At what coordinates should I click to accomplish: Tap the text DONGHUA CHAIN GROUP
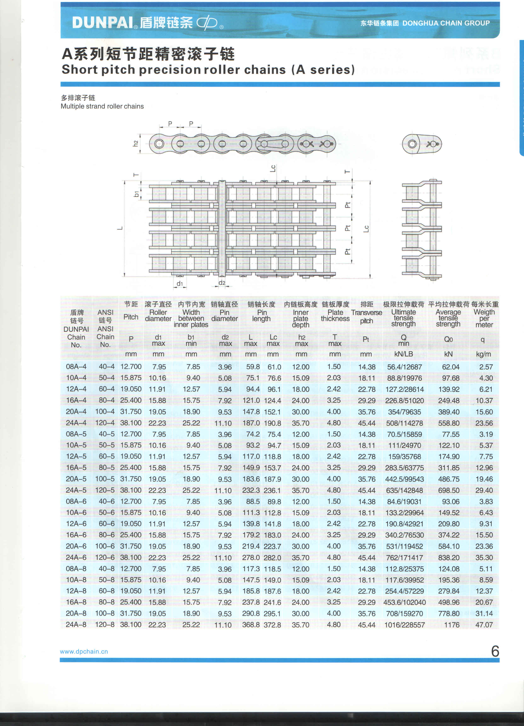(446, 23)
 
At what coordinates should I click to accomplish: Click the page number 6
(495, 651)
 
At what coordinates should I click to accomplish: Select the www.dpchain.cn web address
(84, 651)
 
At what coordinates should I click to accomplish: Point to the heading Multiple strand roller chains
(102, 106)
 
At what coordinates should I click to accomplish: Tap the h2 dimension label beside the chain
(136, 144)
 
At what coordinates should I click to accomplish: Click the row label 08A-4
(76, 367)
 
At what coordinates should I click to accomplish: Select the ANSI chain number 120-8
(105, 625)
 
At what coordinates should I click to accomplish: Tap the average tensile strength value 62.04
(451, 367)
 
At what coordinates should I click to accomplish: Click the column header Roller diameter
(158, 315)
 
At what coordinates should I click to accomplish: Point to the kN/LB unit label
(404, 354)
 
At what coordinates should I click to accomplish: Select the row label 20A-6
(76, 546)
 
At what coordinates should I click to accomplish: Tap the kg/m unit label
(483, 354)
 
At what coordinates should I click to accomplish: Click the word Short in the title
(80, 69)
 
